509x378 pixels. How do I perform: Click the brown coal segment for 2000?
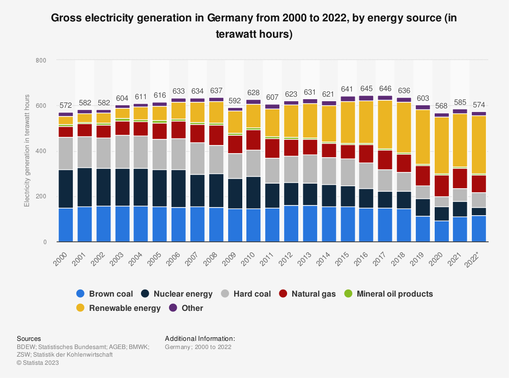coord(66,225)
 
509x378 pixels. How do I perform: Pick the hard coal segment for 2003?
coord(122,152)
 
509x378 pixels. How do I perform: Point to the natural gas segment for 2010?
coord(253,140)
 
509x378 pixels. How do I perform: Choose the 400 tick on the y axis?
coord(40,151)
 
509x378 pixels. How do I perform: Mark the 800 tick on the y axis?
coord(40,61)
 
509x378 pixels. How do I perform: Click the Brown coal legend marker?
coord(80,294)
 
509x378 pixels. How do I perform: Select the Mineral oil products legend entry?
coord(394,294)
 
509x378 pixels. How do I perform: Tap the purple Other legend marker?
coord(173,308)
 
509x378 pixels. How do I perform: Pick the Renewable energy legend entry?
coord(125,308)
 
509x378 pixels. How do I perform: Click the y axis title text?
coord(26,151)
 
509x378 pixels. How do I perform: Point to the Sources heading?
coord(29,338)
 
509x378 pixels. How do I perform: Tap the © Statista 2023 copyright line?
coord(38,363)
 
